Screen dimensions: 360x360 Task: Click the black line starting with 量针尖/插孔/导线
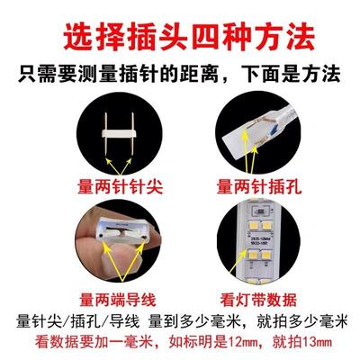(180, 322)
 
